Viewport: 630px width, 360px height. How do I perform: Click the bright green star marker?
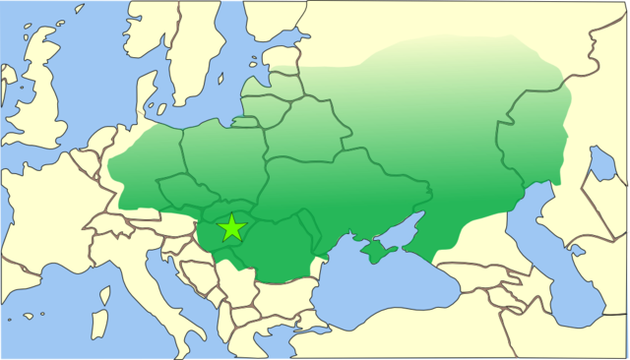(231, 228)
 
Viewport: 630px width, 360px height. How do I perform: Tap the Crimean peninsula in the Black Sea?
(379, 252)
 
